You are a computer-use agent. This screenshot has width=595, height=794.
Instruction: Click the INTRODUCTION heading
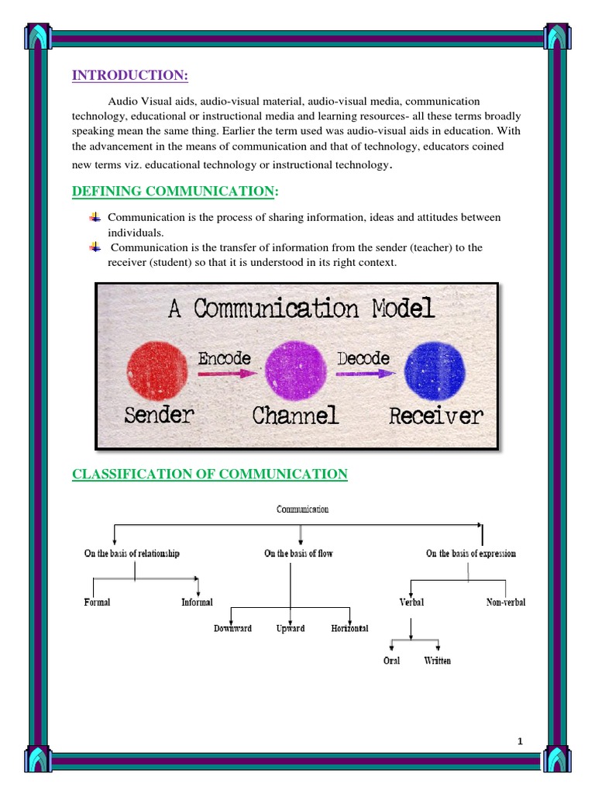click(130, 75)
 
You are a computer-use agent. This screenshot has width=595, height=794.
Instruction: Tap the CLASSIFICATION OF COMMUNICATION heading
click(209, 474)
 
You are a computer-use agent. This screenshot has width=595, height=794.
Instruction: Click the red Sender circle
click(156, 369)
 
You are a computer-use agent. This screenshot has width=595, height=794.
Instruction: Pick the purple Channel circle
click(294, 369)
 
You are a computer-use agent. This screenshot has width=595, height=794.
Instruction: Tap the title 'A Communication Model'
click(301, 309)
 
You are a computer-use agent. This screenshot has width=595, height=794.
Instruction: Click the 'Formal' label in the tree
click(97, 602)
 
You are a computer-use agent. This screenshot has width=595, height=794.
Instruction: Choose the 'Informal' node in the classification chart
click(197, 602)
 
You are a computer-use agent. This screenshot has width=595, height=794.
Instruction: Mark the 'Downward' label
click(232, 629)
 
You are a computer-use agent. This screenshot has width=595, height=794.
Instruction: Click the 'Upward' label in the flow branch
click(291, 629)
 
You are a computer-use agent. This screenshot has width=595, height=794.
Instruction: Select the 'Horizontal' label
click(349, 629)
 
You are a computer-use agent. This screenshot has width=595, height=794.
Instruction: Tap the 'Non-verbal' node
click(506, 602)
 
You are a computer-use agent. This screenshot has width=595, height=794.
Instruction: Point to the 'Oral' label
click(392, 661)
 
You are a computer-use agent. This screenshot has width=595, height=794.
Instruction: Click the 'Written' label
click(437, 661)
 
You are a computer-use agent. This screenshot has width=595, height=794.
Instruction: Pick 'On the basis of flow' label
click(298, 554)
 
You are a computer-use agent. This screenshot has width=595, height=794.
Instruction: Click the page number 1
click(521, 742)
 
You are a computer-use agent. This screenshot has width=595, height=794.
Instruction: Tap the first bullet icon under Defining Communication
click(95, 216)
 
